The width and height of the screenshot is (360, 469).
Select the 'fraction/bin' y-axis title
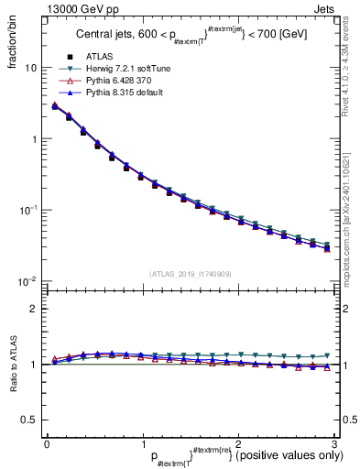point(13,42)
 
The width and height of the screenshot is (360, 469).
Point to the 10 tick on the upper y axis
point(29,69)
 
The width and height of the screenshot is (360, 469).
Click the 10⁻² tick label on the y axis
point(27,281)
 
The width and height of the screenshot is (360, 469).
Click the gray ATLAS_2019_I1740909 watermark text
point(189,274)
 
